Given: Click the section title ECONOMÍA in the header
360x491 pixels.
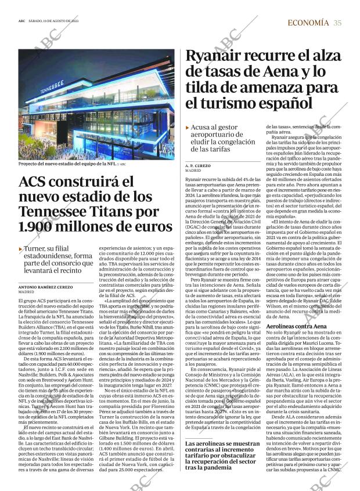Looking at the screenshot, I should [x=308, y=23].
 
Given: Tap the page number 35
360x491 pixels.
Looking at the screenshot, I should [x=337, y=23].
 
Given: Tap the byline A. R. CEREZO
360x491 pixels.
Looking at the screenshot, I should [x=198, y=165].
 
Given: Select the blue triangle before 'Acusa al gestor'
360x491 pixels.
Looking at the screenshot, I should [x=187, y=127].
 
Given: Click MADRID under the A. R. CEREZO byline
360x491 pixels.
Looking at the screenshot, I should [x=193, y=172].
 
